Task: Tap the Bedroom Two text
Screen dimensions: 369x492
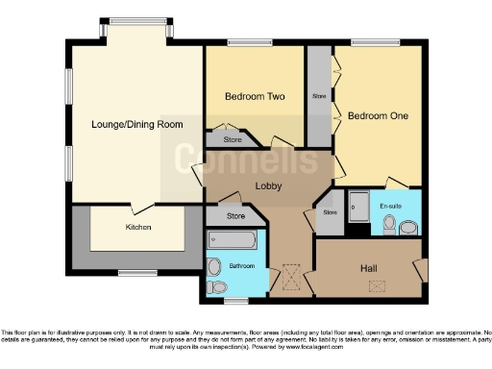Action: point(255,96)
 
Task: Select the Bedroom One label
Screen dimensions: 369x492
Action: point(378,116)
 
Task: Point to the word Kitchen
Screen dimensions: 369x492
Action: point(137,228)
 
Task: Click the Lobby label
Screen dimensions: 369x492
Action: point(267,185)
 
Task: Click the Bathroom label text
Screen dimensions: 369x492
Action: point(242,265)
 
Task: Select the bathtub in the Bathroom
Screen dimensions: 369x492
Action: point(236,239)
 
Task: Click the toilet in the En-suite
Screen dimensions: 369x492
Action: point(389,225)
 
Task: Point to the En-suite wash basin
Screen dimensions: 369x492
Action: point(409,228)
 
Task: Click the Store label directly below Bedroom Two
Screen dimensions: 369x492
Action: point(232,139)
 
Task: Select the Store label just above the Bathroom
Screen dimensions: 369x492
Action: point(236,216)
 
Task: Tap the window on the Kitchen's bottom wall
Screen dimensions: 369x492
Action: point(132,273)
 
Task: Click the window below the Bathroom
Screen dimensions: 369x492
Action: point(236,301)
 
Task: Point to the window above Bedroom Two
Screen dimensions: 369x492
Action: point(241,43)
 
